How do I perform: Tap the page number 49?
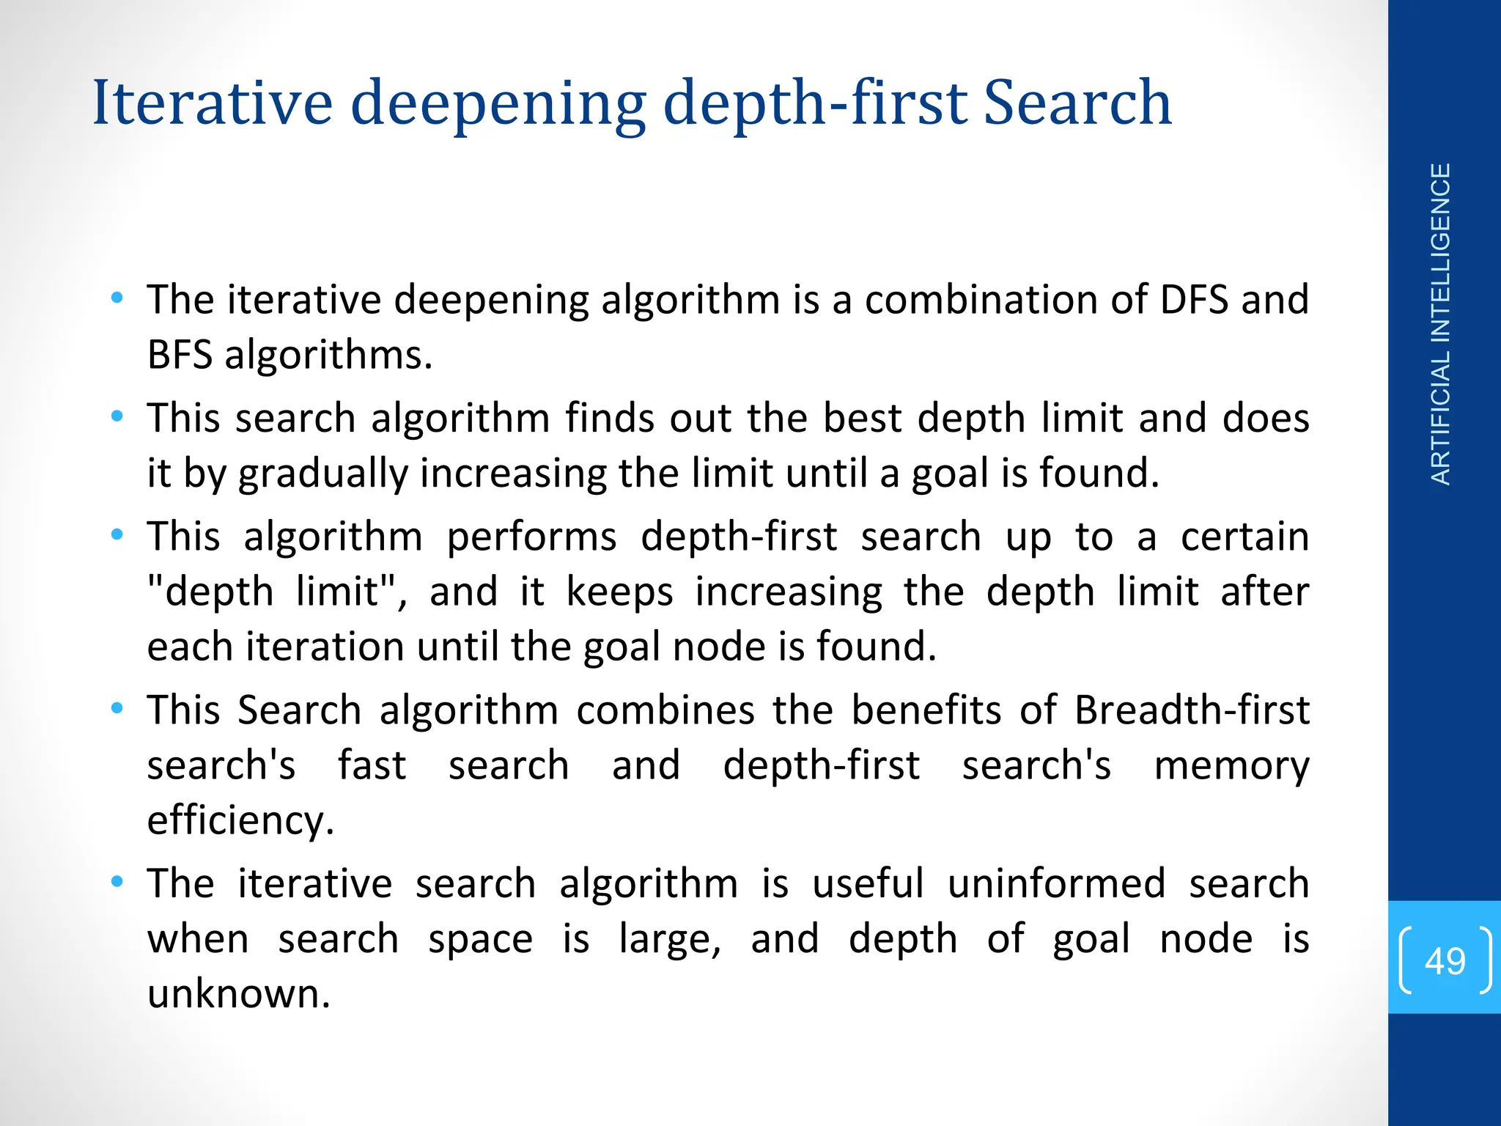click(1445, 960)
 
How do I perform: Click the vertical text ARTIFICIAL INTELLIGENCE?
click(1440, 324)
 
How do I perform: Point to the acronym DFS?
click(1194, 300)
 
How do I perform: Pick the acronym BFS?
click(180, 356)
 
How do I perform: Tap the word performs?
click(531, 537)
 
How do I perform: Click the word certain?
click(1244, 537)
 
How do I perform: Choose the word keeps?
click(619, 592)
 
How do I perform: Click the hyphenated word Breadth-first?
click(1192, 710)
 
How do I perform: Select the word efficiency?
click(240, 821)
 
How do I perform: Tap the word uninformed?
click(1056, 883)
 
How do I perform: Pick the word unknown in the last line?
click(239, 995)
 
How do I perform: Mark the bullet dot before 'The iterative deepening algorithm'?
click(117, 298)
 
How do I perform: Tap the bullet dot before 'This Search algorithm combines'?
click(117, 709)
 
